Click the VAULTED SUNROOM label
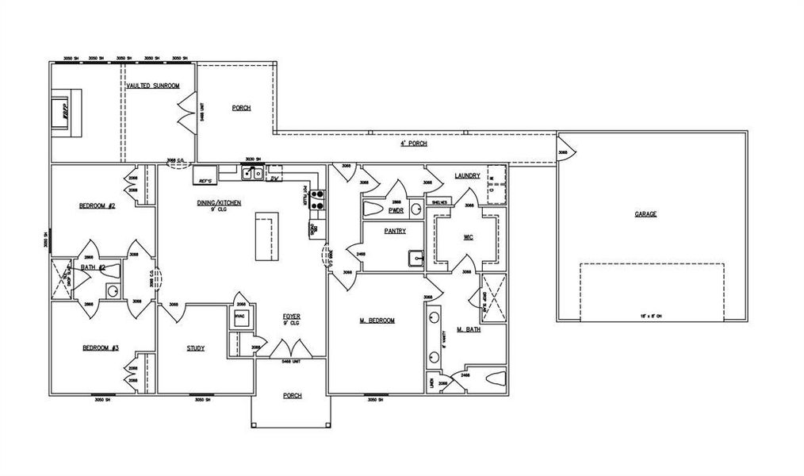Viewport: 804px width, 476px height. click(x=153, y=85)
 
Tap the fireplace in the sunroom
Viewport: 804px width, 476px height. click(x=60, y=111)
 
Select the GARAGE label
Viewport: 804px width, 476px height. click(x=645, y=214)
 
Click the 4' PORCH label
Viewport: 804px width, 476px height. click(x=413, y=144)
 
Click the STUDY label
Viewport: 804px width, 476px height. click(x=196, y=348)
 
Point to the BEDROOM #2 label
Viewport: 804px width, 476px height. click(x=98, y=206)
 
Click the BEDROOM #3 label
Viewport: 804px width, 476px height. click(x=101, y=348)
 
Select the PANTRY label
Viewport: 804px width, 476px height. click(x=394, y=232)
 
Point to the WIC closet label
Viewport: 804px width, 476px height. click(x=468, y=237)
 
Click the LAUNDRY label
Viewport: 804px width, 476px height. click(x=467, y=176)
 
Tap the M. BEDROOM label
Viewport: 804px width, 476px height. click(x=377, y=321)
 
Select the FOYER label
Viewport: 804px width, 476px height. click(x=292, y=317)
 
